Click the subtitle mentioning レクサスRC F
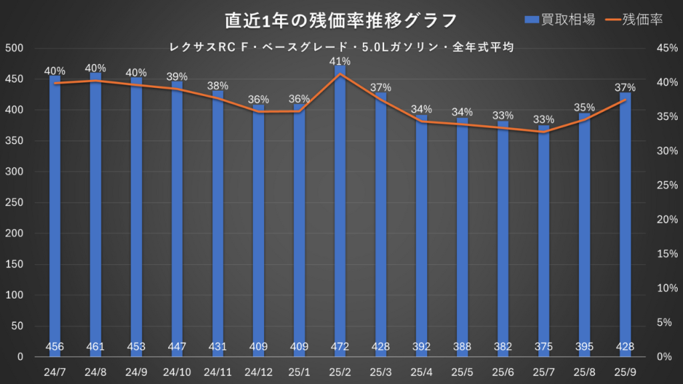(341, 47)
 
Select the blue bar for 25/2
(340, 200)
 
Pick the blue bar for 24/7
(55, 213)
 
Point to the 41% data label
(340, 61)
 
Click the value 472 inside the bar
(340, 347)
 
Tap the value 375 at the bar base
(544, 347)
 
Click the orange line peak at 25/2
(340, 74)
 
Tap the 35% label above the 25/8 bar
(584, 107)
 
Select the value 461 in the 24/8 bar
(95, 347)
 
